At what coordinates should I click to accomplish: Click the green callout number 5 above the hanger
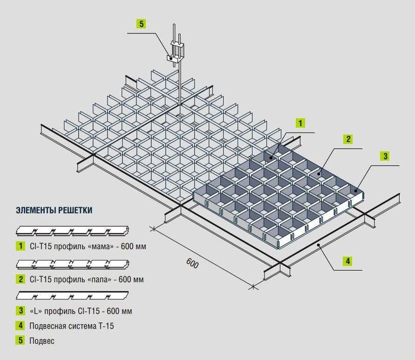[141, 24]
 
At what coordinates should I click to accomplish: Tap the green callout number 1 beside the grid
[300, 123]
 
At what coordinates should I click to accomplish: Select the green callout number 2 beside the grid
[348, 139]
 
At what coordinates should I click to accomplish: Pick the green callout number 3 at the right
[385, 156]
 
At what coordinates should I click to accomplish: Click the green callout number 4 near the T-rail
[348, 262]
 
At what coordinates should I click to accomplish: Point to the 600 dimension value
[192, 263]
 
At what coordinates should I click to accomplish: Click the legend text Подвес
[42, 340]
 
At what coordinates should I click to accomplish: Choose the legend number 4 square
[21, 325]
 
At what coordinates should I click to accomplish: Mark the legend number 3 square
[21, 311]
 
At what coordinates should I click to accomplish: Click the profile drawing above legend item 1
[73, 231]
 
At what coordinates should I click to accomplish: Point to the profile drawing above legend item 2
[73, 264]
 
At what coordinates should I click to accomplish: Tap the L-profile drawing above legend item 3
[72, 296]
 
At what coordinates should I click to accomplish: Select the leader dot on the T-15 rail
[319, 245]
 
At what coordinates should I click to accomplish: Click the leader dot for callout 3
[356, 190]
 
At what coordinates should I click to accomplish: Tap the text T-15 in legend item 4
[106, 326]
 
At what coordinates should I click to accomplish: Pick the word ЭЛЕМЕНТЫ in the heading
[36, 210]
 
